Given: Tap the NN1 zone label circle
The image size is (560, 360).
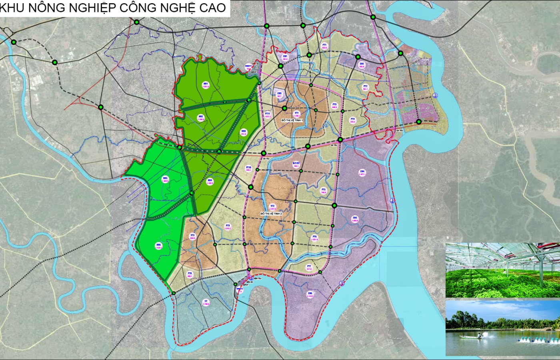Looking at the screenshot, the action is click(206, 85).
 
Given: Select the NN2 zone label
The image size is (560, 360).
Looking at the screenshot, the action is click(201, 118).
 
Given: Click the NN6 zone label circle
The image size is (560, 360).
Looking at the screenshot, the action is click(159, 246).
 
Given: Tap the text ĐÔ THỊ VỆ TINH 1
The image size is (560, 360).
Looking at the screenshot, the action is click(292, 120).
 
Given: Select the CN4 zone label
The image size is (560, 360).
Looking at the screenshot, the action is click(363, 172).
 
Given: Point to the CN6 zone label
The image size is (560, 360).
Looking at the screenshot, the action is click(310, 295).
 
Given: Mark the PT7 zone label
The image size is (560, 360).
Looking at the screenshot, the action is click(309, 268).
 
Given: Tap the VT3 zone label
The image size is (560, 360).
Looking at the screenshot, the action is click(192, 236).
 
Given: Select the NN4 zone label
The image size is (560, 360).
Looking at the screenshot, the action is click(210, 182).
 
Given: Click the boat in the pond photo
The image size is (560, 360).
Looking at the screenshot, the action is click(466, 337).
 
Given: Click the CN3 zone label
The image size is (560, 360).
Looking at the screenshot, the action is click(279, 95).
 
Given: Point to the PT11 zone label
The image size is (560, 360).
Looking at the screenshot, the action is click(268, 115).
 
